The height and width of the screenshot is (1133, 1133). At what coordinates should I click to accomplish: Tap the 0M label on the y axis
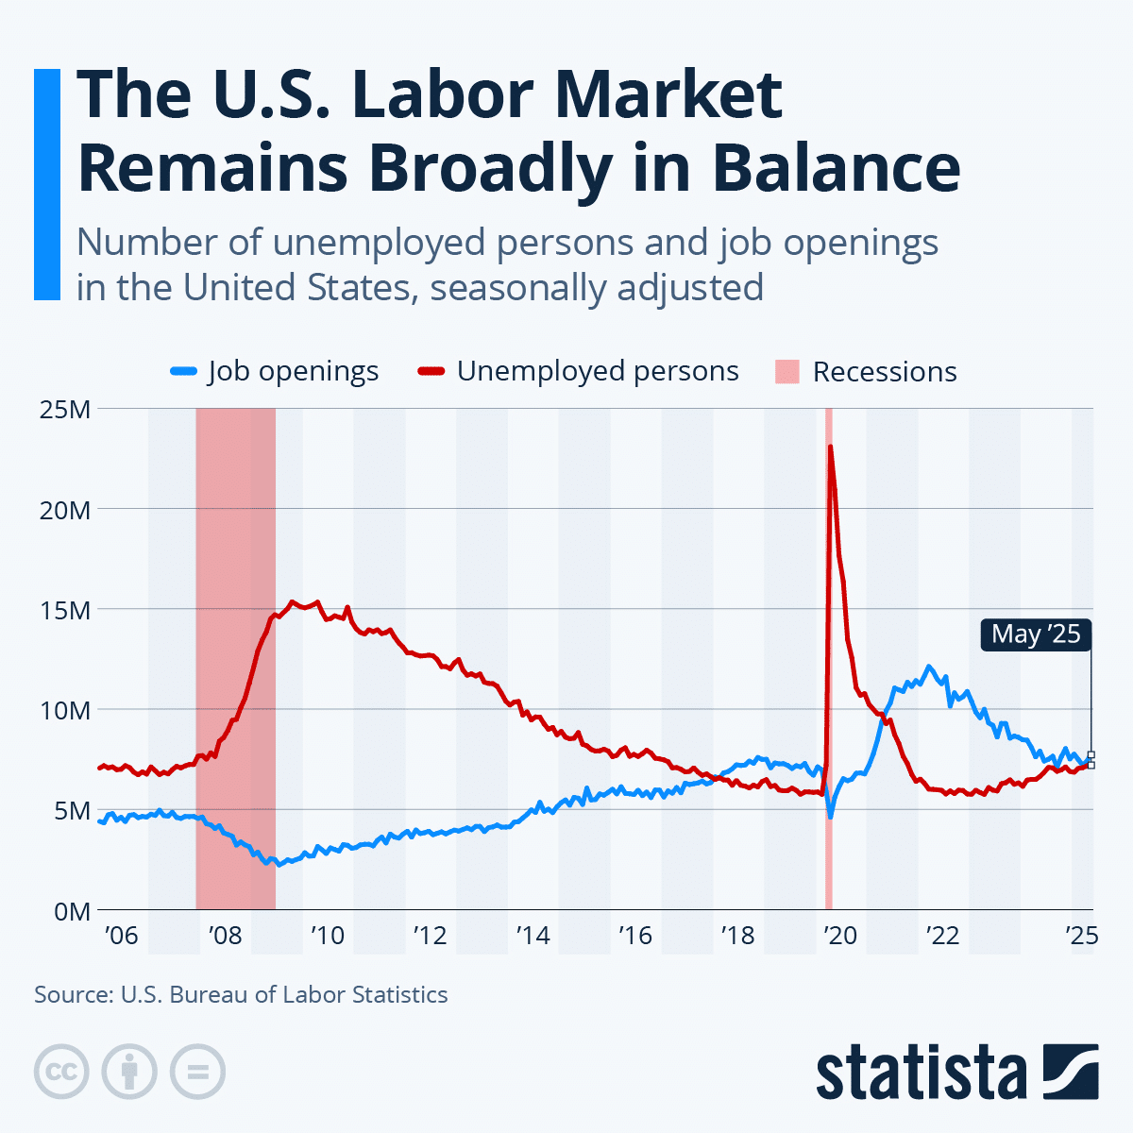coord(72,911)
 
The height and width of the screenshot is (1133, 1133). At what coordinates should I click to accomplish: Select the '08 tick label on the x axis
coord(224,936)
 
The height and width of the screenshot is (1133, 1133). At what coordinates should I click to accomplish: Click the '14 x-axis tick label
coord(532,936)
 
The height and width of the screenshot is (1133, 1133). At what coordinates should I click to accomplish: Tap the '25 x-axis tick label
coord(1080,936)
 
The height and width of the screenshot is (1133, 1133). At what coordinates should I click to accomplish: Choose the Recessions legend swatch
coord(786,372)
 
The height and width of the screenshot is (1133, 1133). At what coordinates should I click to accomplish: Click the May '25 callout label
coord(1036,634)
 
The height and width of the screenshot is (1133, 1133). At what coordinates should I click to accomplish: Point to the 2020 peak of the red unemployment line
coord(830,447)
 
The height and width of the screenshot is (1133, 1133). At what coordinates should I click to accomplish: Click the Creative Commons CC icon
coord(61,1072)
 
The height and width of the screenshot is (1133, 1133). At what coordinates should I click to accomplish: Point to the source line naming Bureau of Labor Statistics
coord(241,994)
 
